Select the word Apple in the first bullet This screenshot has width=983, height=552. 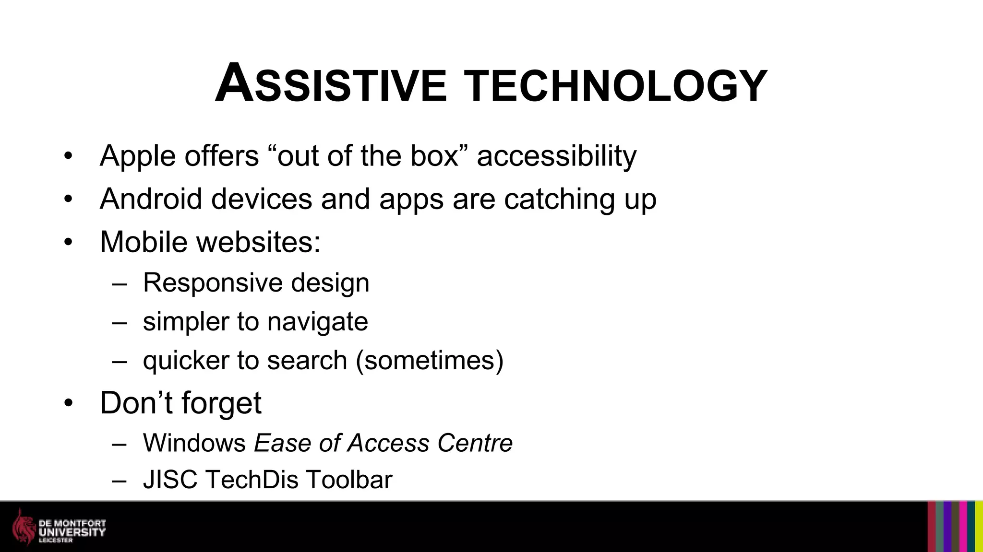(x=138, y=156)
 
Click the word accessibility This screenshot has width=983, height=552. (x=556, y=156)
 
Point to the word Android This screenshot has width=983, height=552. (x=151, y=199)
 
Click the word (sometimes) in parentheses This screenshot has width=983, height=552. (x=430, y=360)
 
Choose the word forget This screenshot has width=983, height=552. (x=221, y=403)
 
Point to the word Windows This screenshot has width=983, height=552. (x=194, y=443)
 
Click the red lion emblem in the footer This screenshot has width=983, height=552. (x=24, y=527)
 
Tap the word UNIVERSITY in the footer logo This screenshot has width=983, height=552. (x=72, y=532)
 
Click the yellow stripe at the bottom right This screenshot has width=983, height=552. (x=979, y=527)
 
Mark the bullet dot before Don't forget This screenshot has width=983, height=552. (x=68, y=403)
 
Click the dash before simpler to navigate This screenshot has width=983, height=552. (x=119, y=322)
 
